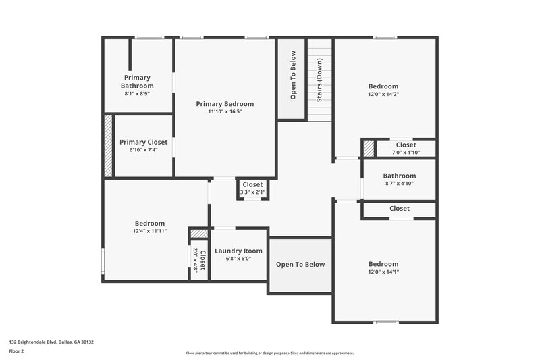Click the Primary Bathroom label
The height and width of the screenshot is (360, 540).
pos(137,81)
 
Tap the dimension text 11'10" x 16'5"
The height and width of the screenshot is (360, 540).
pos(225,112)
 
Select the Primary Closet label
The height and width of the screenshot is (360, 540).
pos(143,142)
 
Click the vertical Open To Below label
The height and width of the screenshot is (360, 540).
pos(293,76)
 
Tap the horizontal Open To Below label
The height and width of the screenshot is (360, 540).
pos(300,264)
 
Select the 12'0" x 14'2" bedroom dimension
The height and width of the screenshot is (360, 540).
pos(383,95)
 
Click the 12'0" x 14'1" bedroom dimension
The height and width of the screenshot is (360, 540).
pos(383,272)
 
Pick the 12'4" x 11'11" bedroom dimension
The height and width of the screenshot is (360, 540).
pos(149,231)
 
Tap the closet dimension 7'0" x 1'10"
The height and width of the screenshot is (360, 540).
pos(406,153)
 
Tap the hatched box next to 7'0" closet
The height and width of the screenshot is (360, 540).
pos(369,148)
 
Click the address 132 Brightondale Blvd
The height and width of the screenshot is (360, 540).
pos(51,342)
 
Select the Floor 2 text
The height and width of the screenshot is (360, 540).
pos(16,352)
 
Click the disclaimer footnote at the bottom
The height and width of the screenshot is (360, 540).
pos(270,353)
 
